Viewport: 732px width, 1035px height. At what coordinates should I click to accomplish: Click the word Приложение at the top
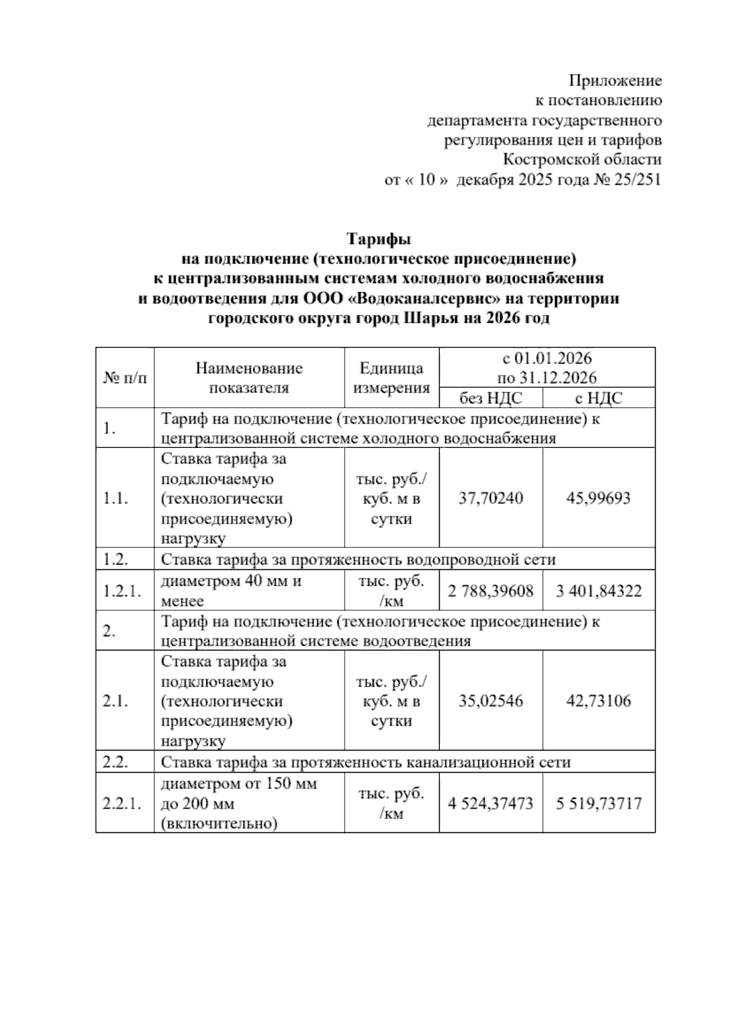(x=615, y=81)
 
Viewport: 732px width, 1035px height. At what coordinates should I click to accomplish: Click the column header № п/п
(x=125, y=378)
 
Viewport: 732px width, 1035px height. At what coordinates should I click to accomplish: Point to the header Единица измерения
(x=392, y=378)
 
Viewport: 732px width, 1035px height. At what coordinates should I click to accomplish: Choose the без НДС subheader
(x=490, y=398)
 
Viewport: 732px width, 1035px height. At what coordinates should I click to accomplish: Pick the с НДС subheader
(x=598, y=398)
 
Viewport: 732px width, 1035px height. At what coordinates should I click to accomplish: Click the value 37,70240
(x=490, y=499)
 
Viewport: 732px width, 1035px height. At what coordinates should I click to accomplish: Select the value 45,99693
(x=598, y=499)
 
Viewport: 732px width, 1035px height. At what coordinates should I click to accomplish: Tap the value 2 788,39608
(x=490, y=591)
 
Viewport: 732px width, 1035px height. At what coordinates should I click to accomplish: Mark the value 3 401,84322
(x=598, y=591)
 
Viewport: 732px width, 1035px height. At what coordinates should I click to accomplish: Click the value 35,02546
(x=490, y=701)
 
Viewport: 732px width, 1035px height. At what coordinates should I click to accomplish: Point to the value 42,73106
(x=598, y=701)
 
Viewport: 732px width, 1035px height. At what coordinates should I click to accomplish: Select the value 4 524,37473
(x=490, y=803)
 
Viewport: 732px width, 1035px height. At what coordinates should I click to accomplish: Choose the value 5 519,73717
(x=598, y=803)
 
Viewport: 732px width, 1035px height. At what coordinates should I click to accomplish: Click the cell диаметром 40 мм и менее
(x=232, y=591)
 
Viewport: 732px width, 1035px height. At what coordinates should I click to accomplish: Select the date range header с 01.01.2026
(x=547, y=358)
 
